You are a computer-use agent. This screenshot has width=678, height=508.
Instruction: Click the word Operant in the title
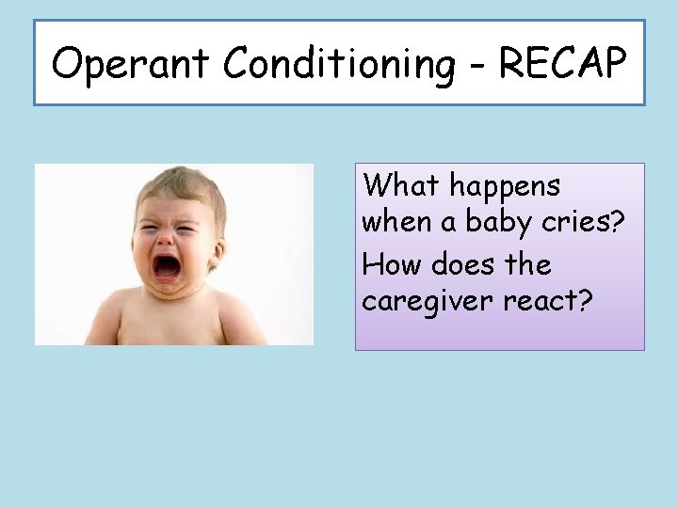tap(131, 64)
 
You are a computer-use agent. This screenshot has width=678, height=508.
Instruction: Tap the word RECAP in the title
tap(561, 64)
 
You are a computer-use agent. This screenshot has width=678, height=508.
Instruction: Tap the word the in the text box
tap(528, 264)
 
